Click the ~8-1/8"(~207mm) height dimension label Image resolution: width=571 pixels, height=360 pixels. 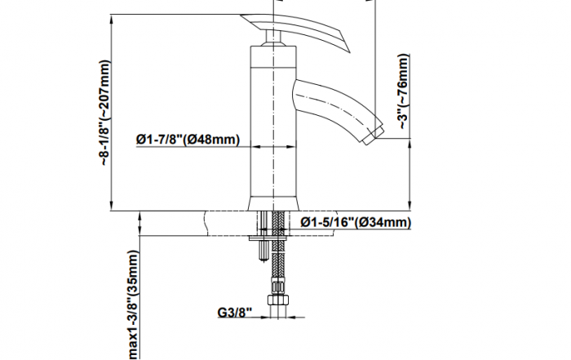[x=104, y=113]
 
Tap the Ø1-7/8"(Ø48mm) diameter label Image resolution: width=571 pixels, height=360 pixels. [x=188, y=140]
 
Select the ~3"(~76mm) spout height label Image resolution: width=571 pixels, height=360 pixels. [x=404, y=91]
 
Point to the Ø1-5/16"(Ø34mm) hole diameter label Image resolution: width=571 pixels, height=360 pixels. [x=356, y=222]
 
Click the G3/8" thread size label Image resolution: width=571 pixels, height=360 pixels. [x=235, y=313]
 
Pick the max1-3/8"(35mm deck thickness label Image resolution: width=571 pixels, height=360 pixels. [x=134, y=304]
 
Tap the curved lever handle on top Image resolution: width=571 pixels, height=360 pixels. [x=295, y=29]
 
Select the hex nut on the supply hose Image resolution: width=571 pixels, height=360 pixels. [x=278, y=300]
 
